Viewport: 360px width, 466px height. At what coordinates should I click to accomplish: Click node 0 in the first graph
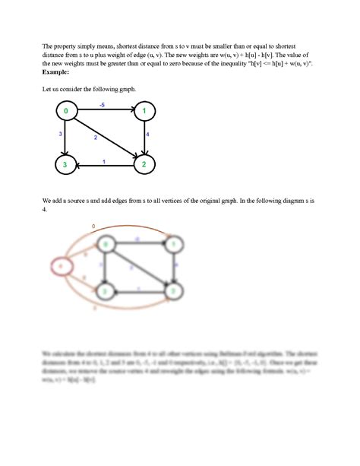[x=67, y=113]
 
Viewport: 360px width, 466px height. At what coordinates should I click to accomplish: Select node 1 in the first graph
[x=144, y=113]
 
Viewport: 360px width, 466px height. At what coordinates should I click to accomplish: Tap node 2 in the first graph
[x=144, y=163]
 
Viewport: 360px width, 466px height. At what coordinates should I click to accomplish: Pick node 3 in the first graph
[x=67, y=163]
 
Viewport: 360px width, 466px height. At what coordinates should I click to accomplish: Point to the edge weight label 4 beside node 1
[x=147, y=134]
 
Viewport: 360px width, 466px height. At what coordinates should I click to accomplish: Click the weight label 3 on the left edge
[x=60, y=134]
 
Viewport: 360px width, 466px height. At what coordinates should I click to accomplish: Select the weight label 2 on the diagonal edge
[x=96, y=138]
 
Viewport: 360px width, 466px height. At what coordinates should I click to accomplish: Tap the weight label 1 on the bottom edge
[x=104, y=159]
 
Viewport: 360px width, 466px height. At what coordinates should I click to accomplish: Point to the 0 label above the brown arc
[x=93, y=227]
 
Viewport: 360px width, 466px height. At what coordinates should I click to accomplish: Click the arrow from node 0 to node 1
[x=106, y=113]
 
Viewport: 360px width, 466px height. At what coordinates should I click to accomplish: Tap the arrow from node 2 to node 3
[x=106, y=163]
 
